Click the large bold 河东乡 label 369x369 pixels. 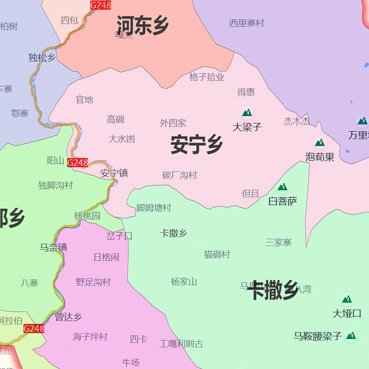click(143, 25)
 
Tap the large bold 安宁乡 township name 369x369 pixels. click(197, 144)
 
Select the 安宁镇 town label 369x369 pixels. click(114, 173)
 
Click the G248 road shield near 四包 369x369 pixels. click(101, 5)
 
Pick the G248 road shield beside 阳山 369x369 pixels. click(77, 162)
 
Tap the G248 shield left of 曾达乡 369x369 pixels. click(34, 328)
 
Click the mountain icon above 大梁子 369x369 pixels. click(247, 112)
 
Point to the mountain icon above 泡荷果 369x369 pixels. click(320, 142)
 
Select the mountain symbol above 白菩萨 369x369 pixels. click(282, 187)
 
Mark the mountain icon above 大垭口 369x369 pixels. click(347, 299)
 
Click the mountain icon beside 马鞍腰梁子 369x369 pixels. click(351, 335)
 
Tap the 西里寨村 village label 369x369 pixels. click(247, 23)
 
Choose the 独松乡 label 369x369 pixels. click(42, 58)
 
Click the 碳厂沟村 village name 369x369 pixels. click(179, 175)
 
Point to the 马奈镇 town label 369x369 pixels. click(54, 247)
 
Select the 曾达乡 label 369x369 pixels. click(68, 317)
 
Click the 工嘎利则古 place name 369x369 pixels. click(181, 344)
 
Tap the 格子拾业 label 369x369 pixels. click(207, 77)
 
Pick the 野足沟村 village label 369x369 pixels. click(93, 282)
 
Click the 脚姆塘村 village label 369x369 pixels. click(154, 208)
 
